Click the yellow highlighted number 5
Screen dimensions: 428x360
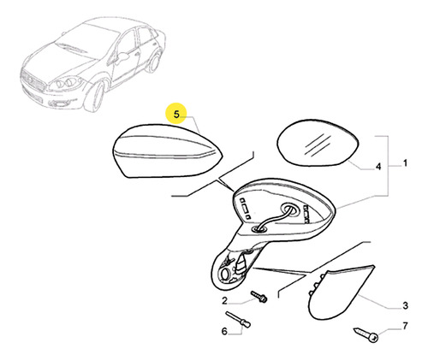click(176, 115)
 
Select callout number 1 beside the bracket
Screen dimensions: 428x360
click(405, 163)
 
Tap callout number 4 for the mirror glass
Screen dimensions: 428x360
click(378, 166)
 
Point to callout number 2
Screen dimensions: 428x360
click(225, 301)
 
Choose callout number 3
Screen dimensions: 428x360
click(406, 306)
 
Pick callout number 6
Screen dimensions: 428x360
click(224, 331)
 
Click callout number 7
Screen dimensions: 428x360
click(406, 326)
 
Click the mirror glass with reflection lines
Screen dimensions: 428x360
click(318, 143)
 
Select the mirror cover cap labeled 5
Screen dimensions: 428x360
click(168, 150)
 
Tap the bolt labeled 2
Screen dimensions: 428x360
click(259, 297)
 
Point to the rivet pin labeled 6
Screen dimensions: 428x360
click(238, 319)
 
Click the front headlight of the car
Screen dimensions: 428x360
click(66, 83)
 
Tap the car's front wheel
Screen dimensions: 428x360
click(96, 97)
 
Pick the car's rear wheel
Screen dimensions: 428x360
click(153, 62)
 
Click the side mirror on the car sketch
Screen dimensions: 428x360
click(122, 56)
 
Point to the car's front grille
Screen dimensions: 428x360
click(32, 80)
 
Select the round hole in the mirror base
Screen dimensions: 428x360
click(225, 274)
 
